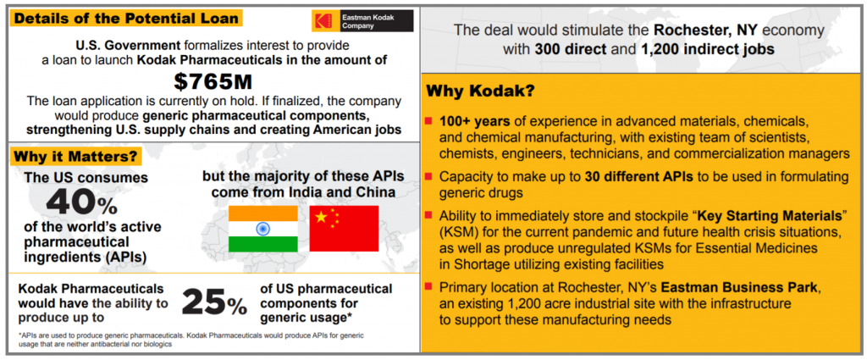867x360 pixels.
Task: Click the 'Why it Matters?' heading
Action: [75, 156]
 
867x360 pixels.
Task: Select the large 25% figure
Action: [214, 302]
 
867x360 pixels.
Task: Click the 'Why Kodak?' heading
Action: [479, 91]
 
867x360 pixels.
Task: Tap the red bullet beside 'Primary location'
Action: [429, 288]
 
